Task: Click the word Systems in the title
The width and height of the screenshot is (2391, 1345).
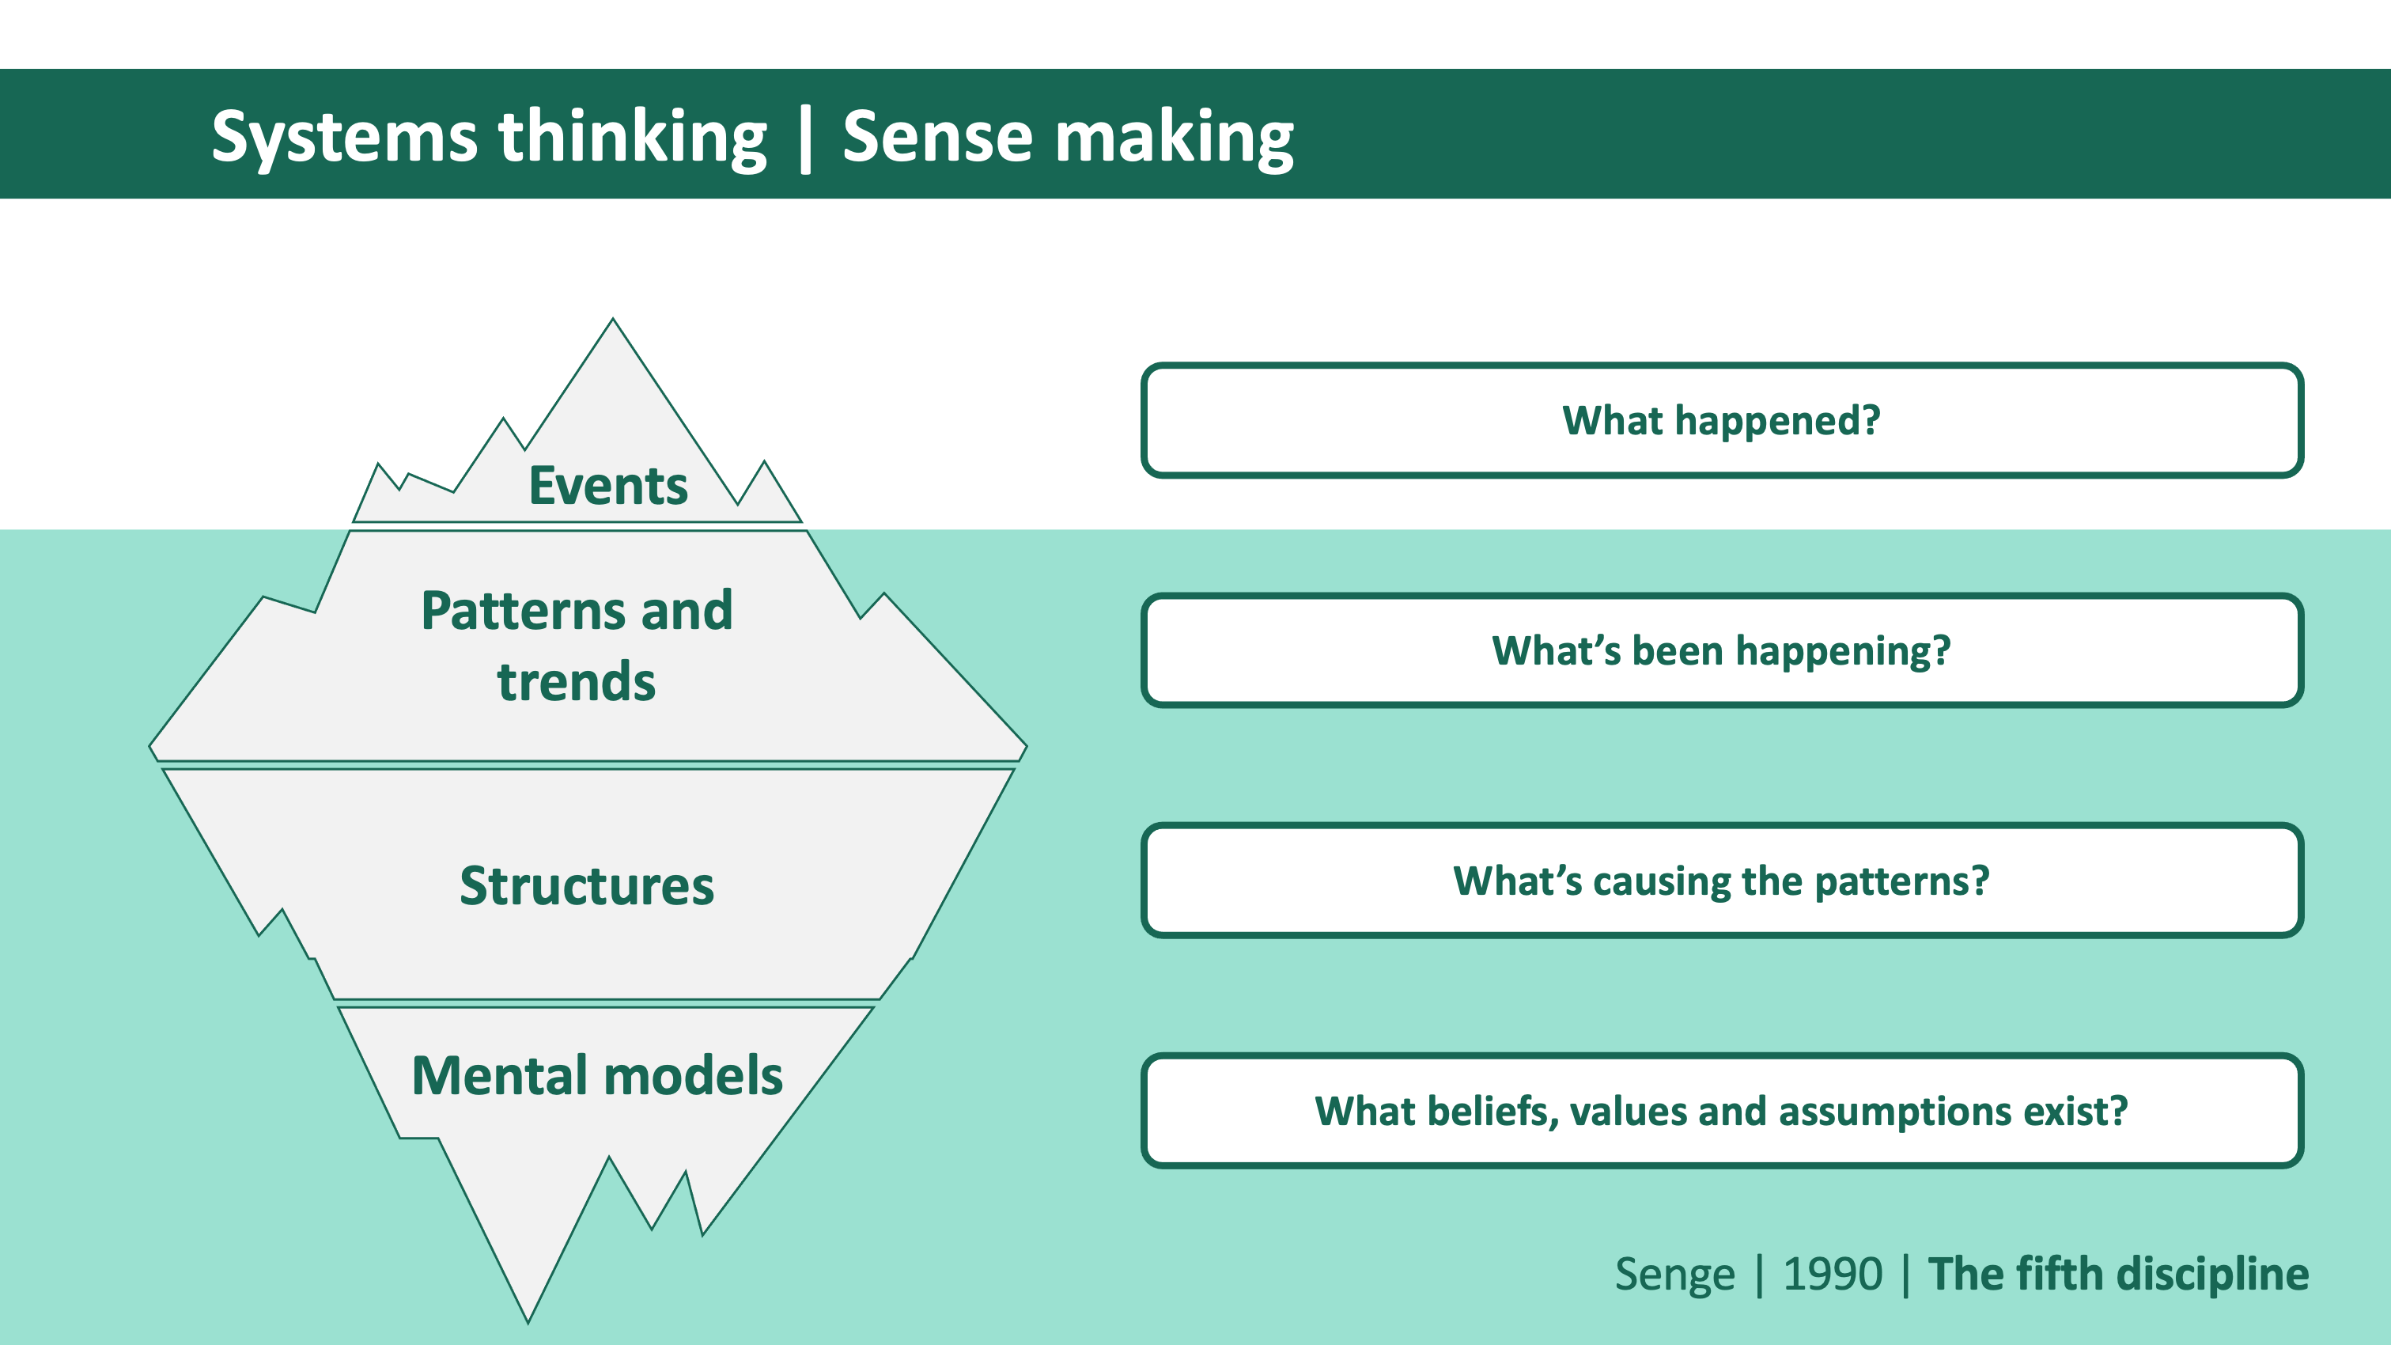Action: point(343,138)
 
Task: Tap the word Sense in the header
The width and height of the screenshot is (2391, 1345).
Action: point(936,138)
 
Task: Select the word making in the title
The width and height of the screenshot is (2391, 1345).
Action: point(1175,138)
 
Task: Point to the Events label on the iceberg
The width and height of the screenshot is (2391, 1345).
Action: point(608,486)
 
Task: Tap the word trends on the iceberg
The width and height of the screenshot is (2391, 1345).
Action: point(576,682)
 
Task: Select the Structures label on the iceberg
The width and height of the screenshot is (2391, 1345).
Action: point(587,885)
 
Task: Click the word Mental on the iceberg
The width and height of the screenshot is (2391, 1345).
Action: point(497,1076)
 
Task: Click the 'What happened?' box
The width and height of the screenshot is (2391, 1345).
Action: point(1721,420)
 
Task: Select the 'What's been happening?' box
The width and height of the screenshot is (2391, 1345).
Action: point(1721,650)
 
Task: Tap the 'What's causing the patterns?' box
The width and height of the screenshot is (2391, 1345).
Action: point(1721,881)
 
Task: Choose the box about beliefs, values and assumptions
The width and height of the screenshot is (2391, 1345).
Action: point(1721,1111)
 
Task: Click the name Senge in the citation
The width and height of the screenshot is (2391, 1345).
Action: point(1674,1275)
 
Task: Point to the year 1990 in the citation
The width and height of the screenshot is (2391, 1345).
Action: point(1833,1275)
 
